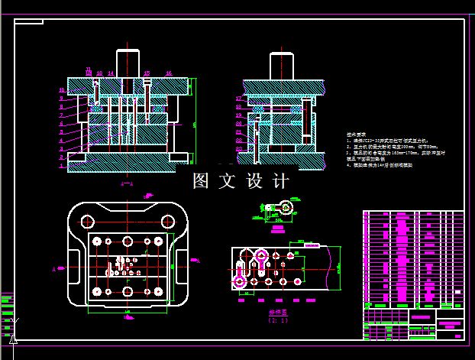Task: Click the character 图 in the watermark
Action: click(x=202, y=181)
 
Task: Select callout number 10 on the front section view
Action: click(x=61, y=91)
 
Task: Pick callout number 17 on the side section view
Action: click(x=239, y=99)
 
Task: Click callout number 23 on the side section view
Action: click(x=239, y=148)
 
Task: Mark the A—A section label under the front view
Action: click(x=128, y=184)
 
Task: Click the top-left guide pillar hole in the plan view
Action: click(x=88, y=221)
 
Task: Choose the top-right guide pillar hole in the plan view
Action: click(x=166, y=221)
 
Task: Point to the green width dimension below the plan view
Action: click(x=127, y=314)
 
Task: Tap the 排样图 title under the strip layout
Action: click(x=279, y=313)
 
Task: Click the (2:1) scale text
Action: click(x=279, y=320)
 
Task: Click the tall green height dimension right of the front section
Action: click(x=195, y=122)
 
